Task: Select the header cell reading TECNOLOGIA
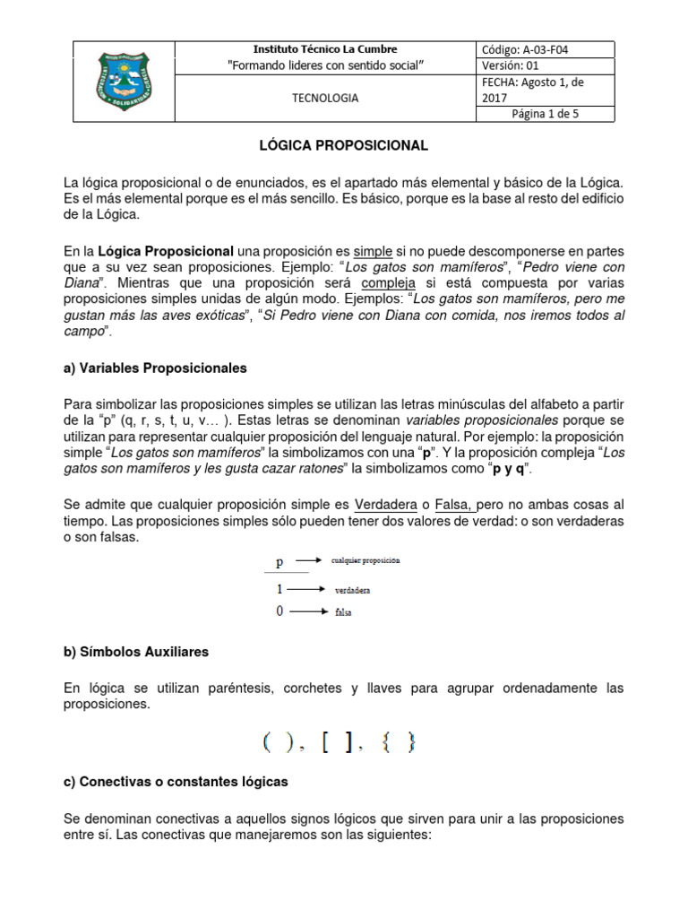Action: [325, 99]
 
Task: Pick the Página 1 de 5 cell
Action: [546, 114]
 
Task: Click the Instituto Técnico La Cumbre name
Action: [325, 49]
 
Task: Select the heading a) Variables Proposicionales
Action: [155, 368]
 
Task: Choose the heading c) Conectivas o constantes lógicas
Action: [176, 782]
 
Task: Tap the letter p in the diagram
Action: [279, 562]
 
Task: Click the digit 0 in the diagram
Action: [279, 611]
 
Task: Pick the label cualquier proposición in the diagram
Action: [365, 560]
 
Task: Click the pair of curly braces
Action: [399, 742]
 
